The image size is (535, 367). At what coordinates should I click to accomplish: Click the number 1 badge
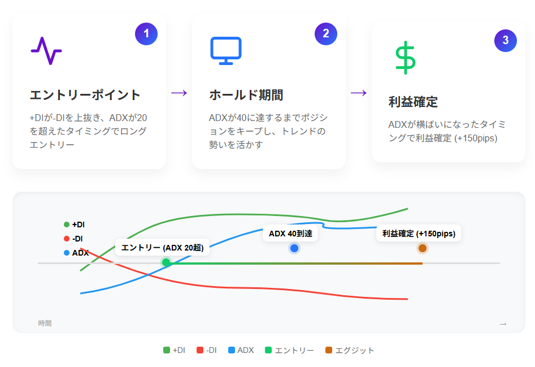pyautogui.click(x=146, y=34)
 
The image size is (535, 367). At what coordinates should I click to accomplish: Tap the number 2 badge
pyautogui.click(x=326, y=34)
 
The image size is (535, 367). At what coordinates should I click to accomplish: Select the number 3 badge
pyautogui.click(x=505, y=41)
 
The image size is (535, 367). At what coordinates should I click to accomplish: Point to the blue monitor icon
pyautogui.click(x=226, y=50)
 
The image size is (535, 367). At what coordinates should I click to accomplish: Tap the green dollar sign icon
pyautogui.click(x=405, y=57)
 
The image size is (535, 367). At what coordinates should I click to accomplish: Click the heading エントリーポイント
pyautogui.click(x=85, y=95)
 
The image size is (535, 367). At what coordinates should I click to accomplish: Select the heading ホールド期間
pyautogui.click(x=246, y=95)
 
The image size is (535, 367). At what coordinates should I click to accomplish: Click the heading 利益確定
pyautogui.click(x=413, y=102)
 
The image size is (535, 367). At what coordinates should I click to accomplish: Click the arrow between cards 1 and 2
pyautogui.click(x=179, y=93)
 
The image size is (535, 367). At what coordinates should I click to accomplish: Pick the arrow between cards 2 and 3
pyautogui.click(x=359, y=93)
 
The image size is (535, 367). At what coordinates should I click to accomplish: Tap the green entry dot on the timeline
pyautogui.click(x=166, y=262)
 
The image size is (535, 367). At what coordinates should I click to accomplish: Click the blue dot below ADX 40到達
pyautogui.click(x=294, y=248)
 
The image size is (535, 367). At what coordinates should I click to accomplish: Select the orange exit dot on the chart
pyautogui.click(x=423, y=248)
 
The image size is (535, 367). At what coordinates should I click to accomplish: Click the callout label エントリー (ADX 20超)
pyautogui.click(x=162, y=247)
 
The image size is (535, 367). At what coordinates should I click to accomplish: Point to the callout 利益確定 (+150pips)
pyautogui.click(x=419, y=233)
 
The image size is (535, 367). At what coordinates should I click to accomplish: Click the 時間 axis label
pyautogui.click(x=45, y=323)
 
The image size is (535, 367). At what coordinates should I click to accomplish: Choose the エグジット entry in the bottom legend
pyautogui.click(x=350, y=350)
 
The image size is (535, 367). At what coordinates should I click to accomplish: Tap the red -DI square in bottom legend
pyautogui.click(x=200, y=350)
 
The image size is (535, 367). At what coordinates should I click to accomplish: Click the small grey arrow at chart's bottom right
pyautogui.click(x=503, y=324)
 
